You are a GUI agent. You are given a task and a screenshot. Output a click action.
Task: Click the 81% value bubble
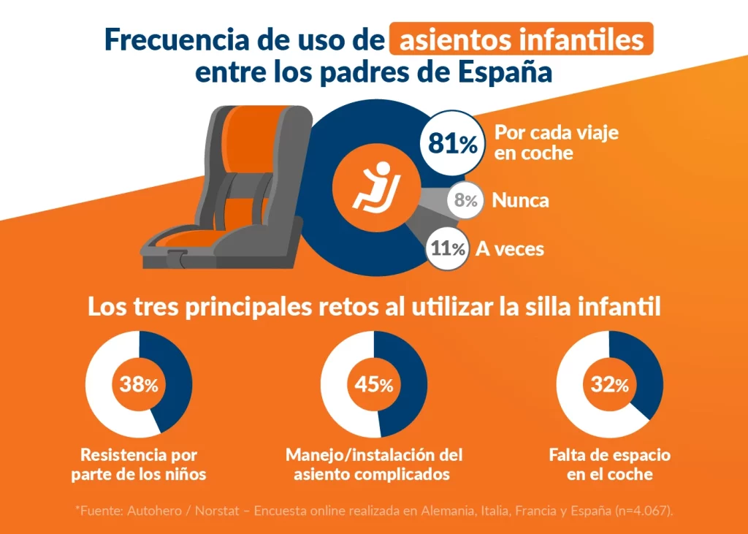tap(452, 144)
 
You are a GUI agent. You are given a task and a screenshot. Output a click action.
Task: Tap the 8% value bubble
tap(465, 201)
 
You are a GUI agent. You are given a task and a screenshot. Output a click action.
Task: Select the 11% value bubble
tap(448, 249)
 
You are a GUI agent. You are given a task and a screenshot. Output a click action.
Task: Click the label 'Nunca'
tap(520, 200)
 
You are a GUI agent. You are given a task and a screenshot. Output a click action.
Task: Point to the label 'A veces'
tap(510, 248)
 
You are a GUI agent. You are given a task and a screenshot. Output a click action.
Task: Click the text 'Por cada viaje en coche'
tap(556, 143)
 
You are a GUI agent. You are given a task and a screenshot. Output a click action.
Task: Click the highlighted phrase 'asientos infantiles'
tap(521, 39)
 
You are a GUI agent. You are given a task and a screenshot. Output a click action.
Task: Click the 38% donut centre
tap(139, 384)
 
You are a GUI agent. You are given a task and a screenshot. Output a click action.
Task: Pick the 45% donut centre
tap(374, 384)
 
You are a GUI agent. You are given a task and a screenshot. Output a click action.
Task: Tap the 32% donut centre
tap(609, 384)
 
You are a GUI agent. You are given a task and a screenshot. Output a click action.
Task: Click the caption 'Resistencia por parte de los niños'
tap(139, 465)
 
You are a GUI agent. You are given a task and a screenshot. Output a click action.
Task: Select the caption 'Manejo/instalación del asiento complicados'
tap(374, 465)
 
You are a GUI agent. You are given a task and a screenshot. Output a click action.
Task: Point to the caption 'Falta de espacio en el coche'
tap(609, 465)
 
